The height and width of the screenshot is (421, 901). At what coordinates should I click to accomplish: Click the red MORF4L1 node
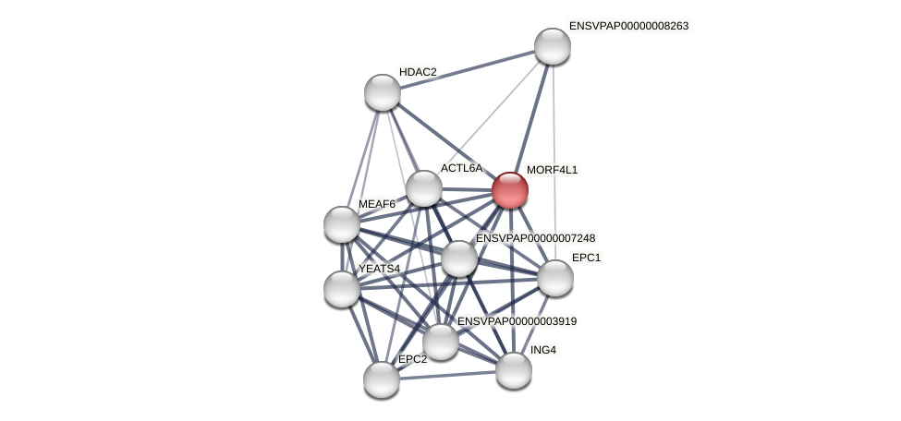pyautogui.click(x=509, y=190)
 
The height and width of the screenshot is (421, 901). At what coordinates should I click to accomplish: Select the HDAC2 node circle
pyautogui.click(x=382, y=92)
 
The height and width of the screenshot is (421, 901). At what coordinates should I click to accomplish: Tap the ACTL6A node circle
pyautogui.click(x=424, y=188)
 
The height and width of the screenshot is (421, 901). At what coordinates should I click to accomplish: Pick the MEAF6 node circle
pyautogui.click(x=342, y=224)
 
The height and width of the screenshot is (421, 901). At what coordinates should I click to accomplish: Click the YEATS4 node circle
pyautogui.click(x=342, y=289)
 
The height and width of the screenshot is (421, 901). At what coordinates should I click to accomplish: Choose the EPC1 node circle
pyautogui.click(x=554, y=278)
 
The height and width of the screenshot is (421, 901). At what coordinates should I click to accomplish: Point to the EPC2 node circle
pyautogui.click(x=381, y=379)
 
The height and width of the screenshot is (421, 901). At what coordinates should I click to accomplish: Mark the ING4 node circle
pyautogui.click(x=513, y=370)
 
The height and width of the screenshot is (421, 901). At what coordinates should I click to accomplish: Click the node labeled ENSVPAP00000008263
pyautogui.click(x=552, y=46)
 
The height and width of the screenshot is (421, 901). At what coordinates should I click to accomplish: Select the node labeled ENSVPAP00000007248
pyautogui.click(x=458, y=259)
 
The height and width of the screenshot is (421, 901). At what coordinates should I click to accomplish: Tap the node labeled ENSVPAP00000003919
pyautogui.click(x=440, y=342)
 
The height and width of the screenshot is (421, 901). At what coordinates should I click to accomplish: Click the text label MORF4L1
pyautogui.click(x=552, y=170)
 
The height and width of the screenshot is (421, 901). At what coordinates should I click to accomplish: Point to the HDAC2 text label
pyautogui.click(x=418, y=72)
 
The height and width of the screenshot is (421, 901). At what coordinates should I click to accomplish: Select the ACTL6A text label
pyautogui.click(x=461, y=168)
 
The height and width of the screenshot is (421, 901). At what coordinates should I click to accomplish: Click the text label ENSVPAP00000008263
pyautogui.click(x=628, y=26)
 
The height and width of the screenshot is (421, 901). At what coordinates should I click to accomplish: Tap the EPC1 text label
pyautogui.click(x=586, y=258)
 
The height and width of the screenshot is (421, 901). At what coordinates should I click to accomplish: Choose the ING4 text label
pyautogui.click(x=543, y=350)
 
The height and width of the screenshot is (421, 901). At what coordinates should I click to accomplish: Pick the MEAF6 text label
pyautogui.click(x=377, y=204)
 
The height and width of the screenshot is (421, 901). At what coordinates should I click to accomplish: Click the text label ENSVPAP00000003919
pyautogui.click(x=517, y=321)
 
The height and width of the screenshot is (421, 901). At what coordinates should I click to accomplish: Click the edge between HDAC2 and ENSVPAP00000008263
pyautogui.click(x=467, y=69)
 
